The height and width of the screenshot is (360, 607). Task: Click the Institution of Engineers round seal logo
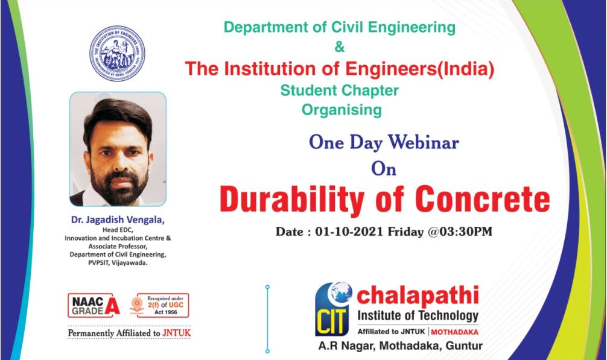pos(117,54)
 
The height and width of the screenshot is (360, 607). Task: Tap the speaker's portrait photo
pos(118,149)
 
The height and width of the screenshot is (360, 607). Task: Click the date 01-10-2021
pos(351,232)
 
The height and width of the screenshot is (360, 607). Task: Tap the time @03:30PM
pos(460,232)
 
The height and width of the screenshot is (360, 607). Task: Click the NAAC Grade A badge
pos(94,305)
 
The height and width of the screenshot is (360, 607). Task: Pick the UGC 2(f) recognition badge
pos(160,305)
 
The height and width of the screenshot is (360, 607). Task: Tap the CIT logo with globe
pos(334,308)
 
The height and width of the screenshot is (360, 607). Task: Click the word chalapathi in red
pos(418,295)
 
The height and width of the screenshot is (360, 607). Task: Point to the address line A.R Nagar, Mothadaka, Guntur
pos(401,346)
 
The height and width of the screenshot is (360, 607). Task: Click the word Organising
pos(342,110)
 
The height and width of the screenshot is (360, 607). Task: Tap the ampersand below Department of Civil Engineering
pos(339,45)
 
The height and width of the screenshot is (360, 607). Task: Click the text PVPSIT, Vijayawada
pos(118,263)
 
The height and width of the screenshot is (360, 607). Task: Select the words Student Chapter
pos(339,90)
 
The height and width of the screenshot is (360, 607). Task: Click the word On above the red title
pos(384,169)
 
